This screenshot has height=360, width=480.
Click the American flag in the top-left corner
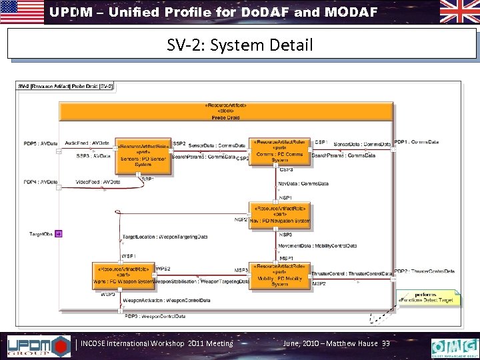21,12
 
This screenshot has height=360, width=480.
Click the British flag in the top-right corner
459,12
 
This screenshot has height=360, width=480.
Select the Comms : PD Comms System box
279,152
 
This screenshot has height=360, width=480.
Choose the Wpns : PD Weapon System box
123,276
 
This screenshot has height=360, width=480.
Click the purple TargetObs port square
59,234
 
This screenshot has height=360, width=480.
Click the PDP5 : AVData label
41,143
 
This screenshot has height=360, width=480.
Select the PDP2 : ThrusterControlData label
424,271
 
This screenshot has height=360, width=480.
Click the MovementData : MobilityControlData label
317,245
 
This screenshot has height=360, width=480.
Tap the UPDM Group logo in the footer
38,346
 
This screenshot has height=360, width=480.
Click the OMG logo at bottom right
454,347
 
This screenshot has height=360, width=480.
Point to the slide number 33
386,344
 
